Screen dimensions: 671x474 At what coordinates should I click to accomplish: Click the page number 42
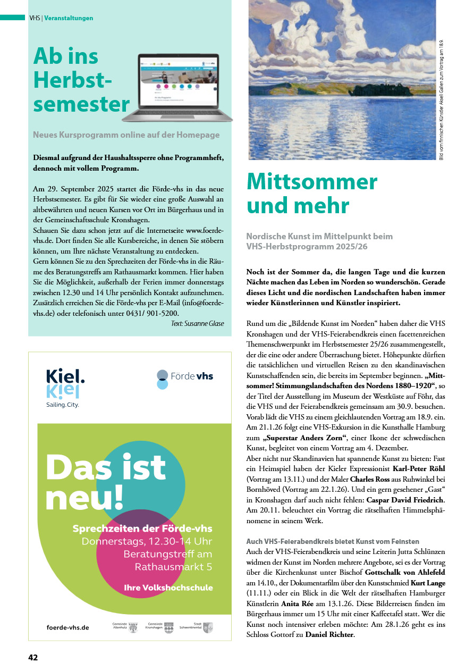coord(33,657)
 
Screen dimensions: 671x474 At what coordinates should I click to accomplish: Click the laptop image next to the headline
coord(185,87)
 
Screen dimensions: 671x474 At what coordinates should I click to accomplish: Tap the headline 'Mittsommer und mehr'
coord(311,194)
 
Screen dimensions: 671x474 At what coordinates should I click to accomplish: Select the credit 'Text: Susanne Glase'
coord(197,323)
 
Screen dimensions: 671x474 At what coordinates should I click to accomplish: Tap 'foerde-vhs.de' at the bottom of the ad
coord(68,627)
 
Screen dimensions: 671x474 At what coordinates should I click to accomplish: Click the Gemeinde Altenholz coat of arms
coord(133,628)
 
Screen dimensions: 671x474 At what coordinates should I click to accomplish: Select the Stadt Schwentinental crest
coord(208,628)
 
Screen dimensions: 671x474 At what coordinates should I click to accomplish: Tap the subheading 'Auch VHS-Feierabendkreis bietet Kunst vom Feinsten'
coord(333,541)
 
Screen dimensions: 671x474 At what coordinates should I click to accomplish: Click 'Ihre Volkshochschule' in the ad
coord(168,588)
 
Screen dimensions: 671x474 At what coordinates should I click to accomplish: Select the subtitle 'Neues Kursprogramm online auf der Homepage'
coord(126,135)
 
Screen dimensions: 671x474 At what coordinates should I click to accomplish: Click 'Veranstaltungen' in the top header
coord(69,18)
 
